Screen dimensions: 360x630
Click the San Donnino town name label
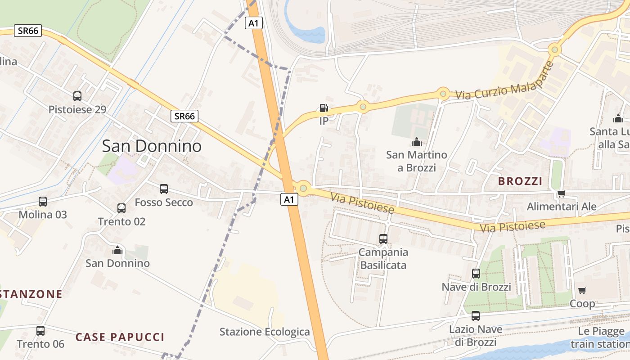152,146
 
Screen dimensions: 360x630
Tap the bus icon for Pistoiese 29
77,96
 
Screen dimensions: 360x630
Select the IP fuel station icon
324,108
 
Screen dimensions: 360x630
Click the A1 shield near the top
254,23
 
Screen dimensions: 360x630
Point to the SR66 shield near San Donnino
184,116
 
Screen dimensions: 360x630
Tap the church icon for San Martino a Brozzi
417,142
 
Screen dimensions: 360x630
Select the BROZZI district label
520,181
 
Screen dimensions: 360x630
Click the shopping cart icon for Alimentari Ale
561,193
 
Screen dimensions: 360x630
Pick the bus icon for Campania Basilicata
383,238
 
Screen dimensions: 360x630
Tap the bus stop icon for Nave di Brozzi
476,273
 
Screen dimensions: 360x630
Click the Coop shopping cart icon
582,290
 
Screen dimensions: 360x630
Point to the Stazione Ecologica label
265,332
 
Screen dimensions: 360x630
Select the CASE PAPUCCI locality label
120,337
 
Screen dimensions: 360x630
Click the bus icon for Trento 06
40,331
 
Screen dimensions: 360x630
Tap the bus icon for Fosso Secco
164,189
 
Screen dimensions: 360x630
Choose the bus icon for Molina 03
43,201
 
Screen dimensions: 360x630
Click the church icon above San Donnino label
117,250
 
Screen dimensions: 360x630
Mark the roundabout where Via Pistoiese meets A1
304,188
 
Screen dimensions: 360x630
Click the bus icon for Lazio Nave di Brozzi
476,315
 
